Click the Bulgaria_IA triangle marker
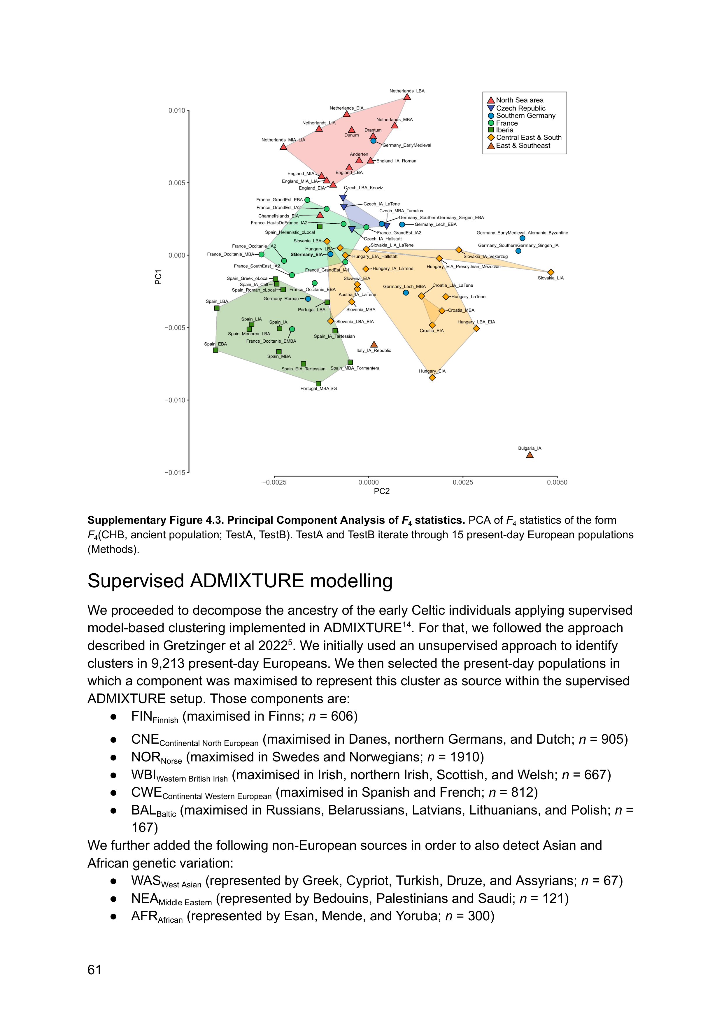[529, 455]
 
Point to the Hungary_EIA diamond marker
[432, 378]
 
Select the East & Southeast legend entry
[523, 146]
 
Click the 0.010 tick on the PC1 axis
[176, 111]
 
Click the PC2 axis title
[382, 491]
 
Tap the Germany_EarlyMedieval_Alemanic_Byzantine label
[522, 233]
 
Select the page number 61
[94, 970]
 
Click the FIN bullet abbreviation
[142, 716]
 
